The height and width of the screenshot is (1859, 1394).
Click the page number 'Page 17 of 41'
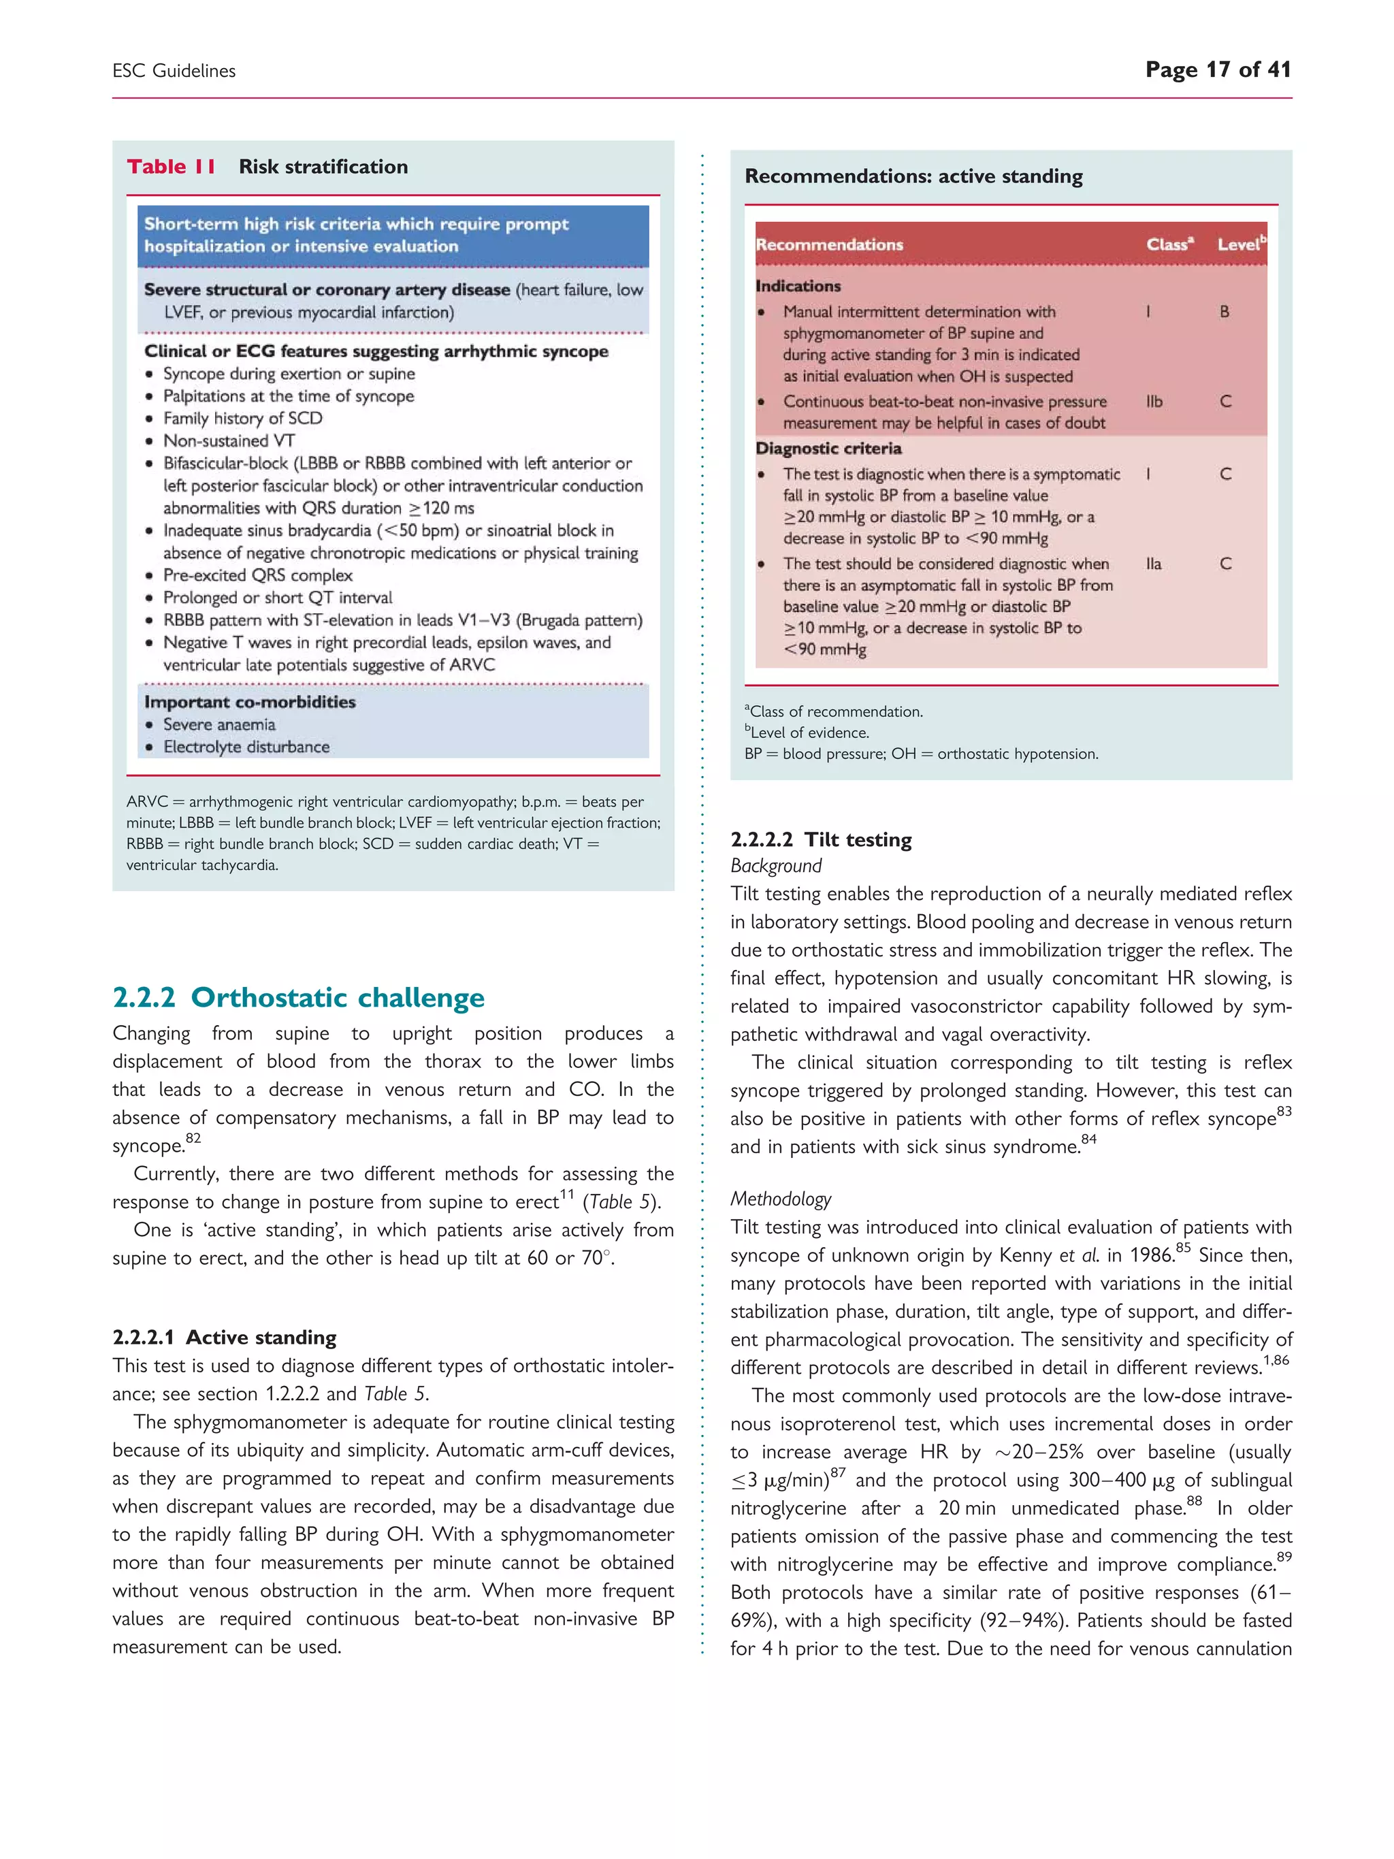click(1218, 69)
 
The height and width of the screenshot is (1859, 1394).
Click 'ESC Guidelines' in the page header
click(174, 71)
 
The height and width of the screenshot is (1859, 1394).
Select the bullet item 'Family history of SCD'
click(242, 418)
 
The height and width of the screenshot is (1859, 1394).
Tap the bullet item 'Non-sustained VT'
click(229, 440)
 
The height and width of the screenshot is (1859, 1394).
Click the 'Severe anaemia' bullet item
click(218, 724)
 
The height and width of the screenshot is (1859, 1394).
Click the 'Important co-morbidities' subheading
click(250, 702)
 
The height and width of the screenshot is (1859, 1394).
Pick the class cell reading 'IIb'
click(1154, 402)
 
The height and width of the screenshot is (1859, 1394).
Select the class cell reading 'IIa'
click(1154, 564)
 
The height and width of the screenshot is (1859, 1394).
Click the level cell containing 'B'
click(1225, 312)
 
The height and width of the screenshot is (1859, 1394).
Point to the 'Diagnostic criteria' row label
click(828, 448)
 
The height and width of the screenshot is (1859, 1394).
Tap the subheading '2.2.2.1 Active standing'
click(225, 1337)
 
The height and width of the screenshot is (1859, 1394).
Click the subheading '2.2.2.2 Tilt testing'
click(821, 839)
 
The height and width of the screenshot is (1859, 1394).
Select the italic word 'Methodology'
click(780, 1199)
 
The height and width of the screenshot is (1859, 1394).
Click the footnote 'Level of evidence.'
click(809, 733)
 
